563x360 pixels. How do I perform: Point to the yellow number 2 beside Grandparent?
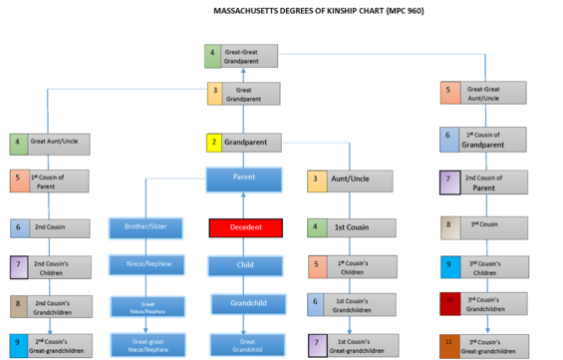[214, 143]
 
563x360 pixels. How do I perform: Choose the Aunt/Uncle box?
[345, 180]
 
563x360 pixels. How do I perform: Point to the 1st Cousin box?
[345, 227]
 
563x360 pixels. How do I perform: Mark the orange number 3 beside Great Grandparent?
[214, 94]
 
